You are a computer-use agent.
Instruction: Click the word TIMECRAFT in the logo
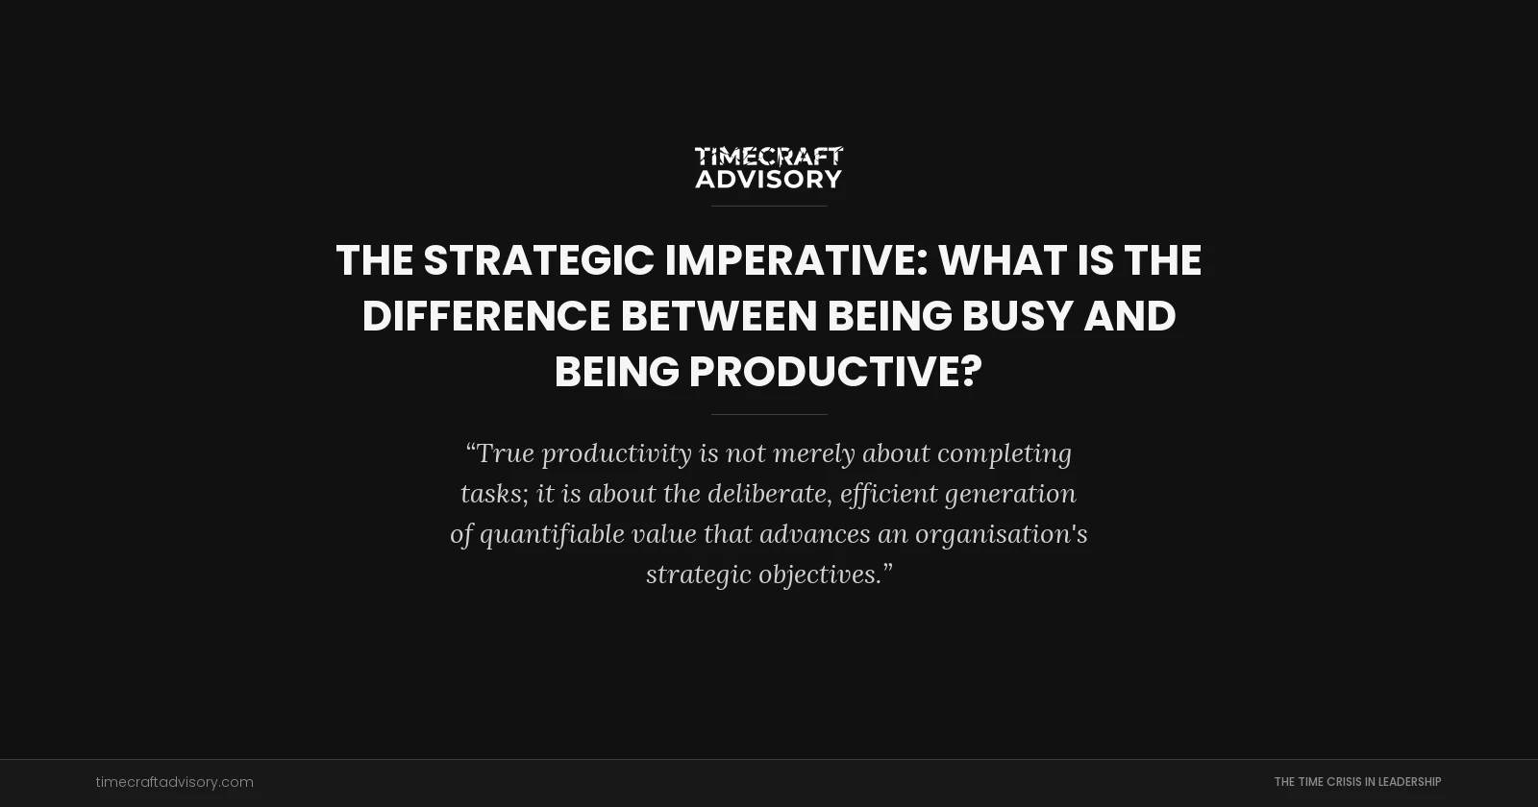[768, 156]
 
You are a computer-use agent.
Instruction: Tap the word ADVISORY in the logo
[768, 179]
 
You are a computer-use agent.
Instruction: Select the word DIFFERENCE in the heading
[485, 316]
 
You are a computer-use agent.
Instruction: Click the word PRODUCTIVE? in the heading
[835, 372]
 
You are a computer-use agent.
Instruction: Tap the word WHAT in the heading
[1002, 260]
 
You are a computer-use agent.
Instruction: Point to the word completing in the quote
[1004, 453]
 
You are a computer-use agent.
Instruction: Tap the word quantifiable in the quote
[552, 534]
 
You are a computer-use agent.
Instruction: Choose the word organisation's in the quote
[1001, 534]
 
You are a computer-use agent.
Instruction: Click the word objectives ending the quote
[819, 575]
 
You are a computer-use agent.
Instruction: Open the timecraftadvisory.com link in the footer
[175, 782]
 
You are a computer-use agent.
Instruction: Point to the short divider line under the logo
[769, 206]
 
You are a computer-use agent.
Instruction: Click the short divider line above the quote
[769, 414]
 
